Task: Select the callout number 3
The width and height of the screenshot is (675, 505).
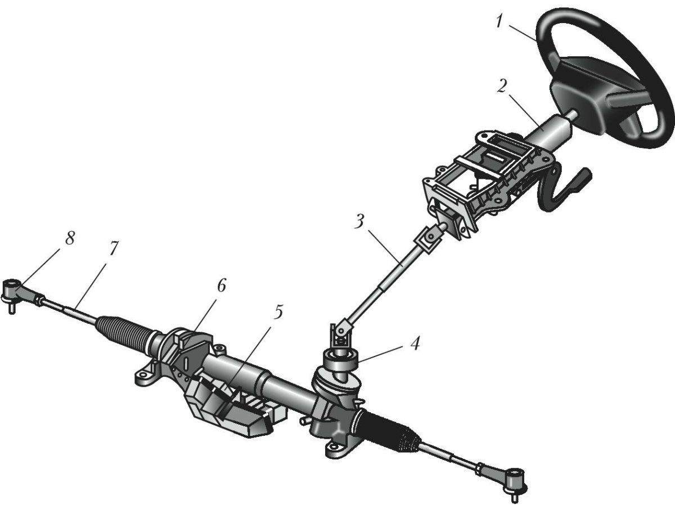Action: (359, 222)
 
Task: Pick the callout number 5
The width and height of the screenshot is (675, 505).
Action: (278, 312)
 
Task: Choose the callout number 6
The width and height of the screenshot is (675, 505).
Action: (222, 286)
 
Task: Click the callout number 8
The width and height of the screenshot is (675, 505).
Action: (70, 238)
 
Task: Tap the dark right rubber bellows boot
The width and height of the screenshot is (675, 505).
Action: (390, 430)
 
